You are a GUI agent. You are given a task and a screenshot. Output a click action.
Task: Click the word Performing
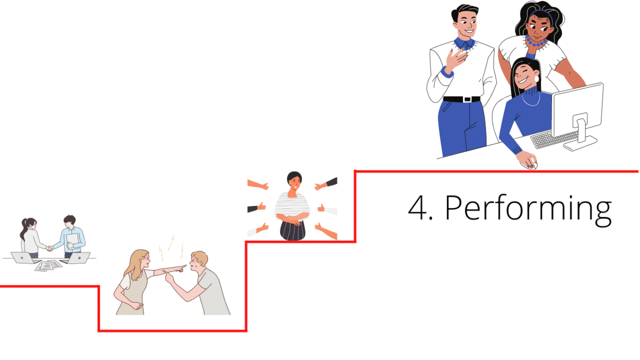(528, 209)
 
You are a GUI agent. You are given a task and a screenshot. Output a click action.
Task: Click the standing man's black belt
(461, 99)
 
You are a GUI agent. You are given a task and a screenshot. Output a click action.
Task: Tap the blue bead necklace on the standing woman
(535, 42)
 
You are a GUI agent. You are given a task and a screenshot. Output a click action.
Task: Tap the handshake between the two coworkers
(50, 248)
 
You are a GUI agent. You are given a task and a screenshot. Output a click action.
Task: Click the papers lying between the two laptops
(49, 265)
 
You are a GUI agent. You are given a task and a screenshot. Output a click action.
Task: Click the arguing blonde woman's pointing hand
(181, 266)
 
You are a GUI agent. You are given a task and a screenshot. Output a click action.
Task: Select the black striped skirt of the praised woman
(292, 229)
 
